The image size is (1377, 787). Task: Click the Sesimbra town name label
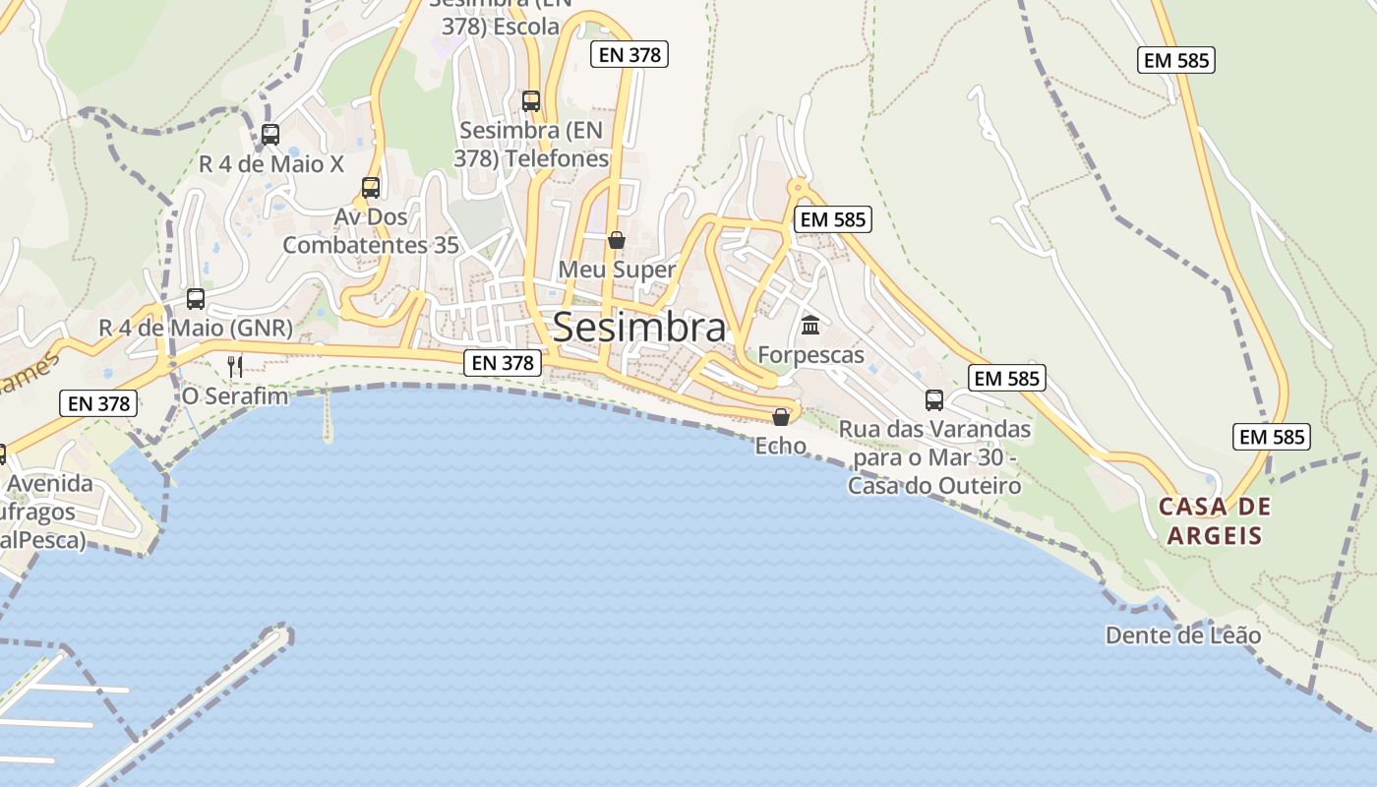pos(639,328)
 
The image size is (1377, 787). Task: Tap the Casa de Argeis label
pos(1215,521)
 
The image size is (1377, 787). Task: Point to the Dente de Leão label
pos(1183,636)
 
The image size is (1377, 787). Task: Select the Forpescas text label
pos(811,355)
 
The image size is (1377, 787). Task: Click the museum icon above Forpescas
pos(810,325)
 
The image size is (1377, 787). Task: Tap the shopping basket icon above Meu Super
pos(617,240)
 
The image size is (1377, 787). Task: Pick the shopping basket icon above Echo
pos(781,417)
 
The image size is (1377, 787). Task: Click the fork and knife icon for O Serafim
pos(234,367)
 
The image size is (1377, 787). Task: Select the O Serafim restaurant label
pos(235,396)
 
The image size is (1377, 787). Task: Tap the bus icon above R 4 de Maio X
pos(270,135)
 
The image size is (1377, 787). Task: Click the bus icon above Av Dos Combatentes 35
pos(371,187)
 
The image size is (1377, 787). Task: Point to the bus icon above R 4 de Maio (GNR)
pos(196,298)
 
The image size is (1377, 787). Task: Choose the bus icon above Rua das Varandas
pos(934,400)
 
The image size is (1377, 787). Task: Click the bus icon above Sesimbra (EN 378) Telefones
pos(531,100)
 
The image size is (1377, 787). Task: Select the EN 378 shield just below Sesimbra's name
pos(503,363)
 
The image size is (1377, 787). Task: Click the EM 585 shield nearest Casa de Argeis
pos(1272,437)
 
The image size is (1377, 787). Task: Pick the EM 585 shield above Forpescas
pos(833,219)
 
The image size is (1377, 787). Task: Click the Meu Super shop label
pos(617,270)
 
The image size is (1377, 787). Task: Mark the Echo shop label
pos(781,446)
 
